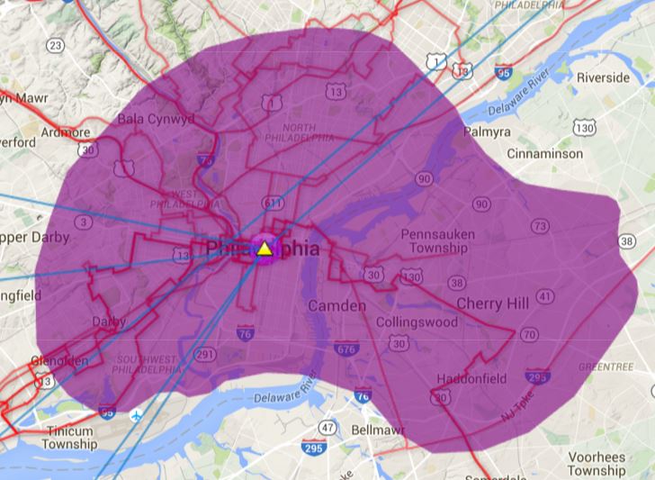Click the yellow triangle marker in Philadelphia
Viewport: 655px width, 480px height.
(x=265, y=248)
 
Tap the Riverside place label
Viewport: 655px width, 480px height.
(x=603, y=77)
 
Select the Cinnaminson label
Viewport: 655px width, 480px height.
(x=544, y=154)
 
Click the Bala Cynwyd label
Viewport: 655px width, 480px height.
(x=156, y=118)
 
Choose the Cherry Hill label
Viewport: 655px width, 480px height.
(x=492, y=303)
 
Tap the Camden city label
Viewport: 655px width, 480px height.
(x=337, y=306)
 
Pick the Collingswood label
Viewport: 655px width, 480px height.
(x=417, y=322)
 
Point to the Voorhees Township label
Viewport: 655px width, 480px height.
(x=597, y=464)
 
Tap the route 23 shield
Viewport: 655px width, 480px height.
(x=57, y=45)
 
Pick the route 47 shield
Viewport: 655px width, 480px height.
(x=328, y=427)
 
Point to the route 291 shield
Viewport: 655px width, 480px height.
(x=206, y=355)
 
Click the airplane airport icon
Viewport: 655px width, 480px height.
(x=136, y=414)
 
